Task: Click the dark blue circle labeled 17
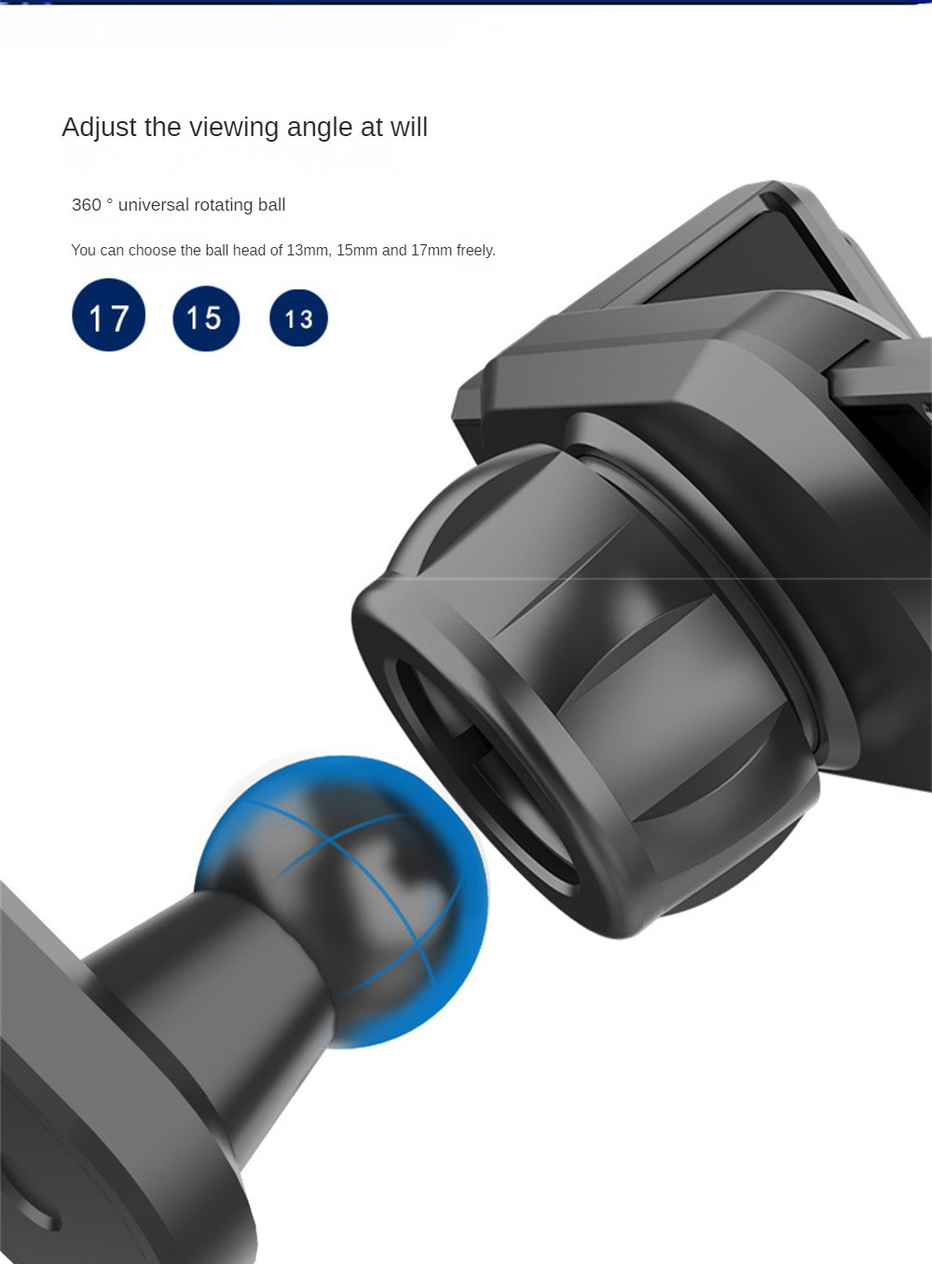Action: tap(109, 315)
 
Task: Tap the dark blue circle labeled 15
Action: tap(206, 318)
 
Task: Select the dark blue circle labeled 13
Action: tap(298, 318)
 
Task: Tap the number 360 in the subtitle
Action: tap(87, 205)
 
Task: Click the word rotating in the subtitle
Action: tap(224, 205)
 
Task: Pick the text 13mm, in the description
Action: tap(308, 251)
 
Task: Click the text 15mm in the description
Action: tap(357, 251)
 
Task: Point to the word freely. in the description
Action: tap(476, 251)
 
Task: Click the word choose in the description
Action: tap(153, 251)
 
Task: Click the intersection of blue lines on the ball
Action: tap(332, 841)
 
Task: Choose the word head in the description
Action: tap(249, 251)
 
